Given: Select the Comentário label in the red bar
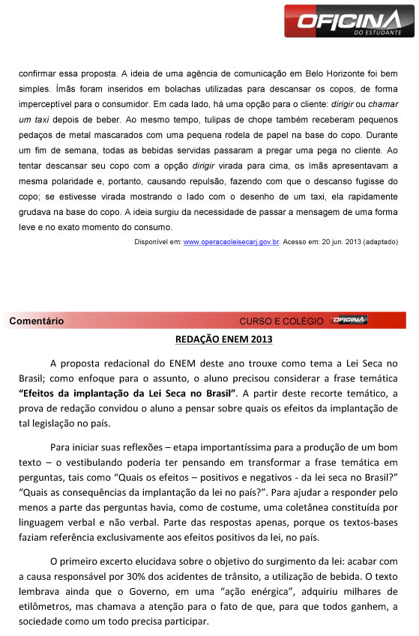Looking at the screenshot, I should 37,321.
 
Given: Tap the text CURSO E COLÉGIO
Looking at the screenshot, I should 281,321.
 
